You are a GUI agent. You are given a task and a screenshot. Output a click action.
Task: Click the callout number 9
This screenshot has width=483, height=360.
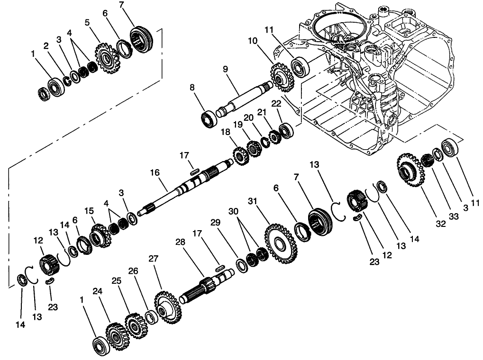tap(226, 69)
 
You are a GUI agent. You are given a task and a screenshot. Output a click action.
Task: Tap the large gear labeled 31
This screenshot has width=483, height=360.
tap(281, 244)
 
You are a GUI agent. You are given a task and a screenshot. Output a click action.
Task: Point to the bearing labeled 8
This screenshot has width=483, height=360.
tap(209, 118)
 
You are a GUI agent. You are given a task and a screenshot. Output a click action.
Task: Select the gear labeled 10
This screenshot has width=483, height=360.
tap(282, 75)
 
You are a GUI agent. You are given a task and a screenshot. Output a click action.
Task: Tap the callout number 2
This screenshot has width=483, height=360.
tap(46, 46)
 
